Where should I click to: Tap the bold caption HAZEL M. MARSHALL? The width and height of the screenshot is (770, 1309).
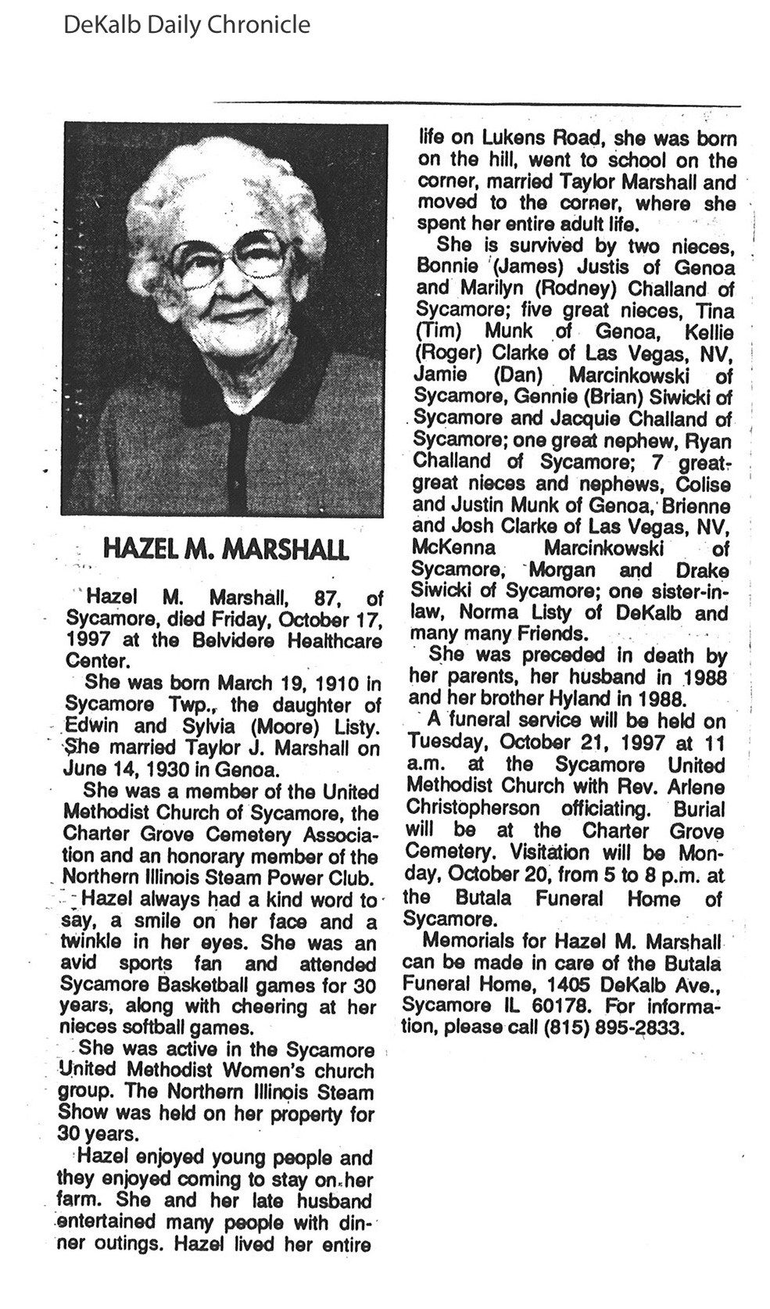pos(227,549)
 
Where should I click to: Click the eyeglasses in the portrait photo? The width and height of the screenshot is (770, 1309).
pos(227,260)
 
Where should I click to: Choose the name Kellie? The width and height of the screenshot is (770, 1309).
pos(709,332)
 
